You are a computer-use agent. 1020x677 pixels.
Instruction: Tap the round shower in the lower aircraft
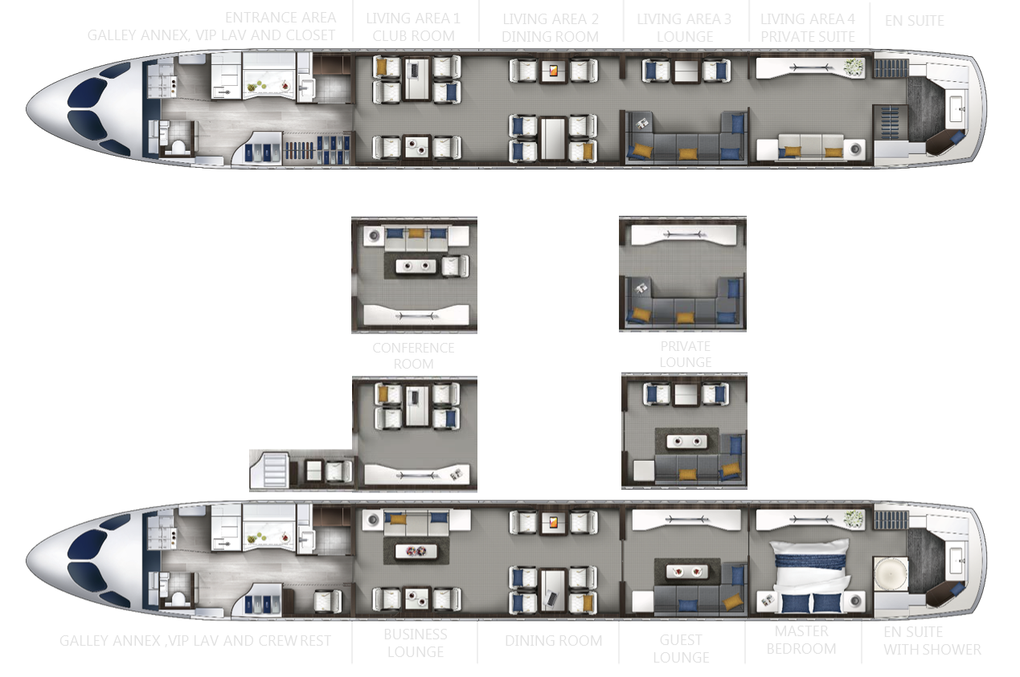click(x=889, y=577)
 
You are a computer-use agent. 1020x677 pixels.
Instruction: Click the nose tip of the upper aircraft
click(x=29, y=108)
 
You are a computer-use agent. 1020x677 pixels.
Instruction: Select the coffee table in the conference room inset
click(x=415, y=266)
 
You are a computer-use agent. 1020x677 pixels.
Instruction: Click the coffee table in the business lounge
click(x=416, y=552)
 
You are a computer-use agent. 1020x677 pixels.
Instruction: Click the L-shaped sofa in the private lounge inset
click(x=683, y=306)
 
